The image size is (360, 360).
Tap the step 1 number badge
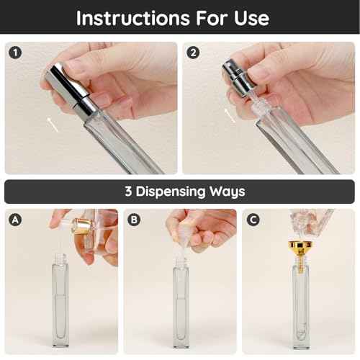(14, 52)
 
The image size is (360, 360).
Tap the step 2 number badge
(192, 52)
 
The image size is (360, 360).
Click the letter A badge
(14, 220)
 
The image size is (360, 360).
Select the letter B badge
(134, 220)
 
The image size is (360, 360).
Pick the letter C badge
(253, 220)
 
